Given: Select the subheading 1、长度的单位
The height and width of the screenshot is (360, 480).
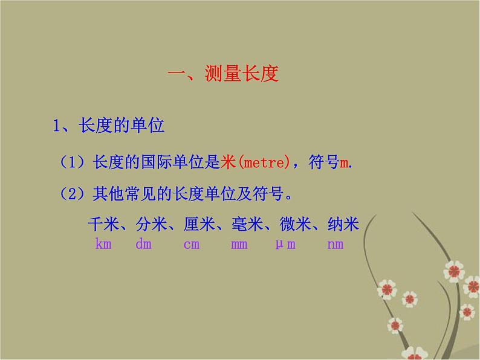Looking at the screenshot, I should click(x=109, y=126).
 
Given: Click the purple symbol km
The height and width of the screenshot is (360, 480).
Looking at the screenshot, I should click(x=104, y=244).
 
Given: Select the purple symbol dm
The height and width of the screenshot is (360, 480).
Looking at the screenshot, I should click(x=143, y=244).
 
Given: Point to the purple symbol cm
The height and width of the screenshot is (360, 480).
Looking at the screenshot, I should click(x=192, y=244).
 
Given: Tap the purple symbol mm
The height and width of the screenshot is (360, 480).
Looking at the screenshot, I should click(x=239, y=244).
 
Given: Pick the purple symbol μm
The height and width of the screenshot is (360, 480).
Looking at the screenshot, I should click(x=285, y=244).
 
